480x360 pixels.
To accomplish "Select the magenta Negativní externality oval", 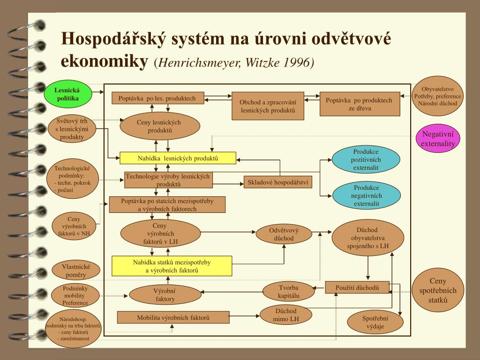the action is click(438, 139).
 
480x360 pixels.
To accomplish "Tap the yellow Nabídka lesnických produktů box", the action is click(178, 158).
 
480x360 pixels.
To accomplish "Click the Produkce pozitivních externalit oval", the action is click(366, 159).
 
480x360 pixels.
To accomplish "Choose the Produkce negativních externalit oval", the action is click(366, 195).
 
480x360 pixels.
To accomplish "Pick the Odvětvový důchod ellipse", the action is click(284, 234).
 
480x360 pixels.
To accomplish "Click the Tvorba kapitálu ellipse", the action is click(288, 292).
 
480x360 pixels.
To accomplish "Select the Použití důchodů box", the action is click(357, 287).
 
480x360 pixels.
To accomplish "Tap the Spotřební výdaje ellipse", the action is click(375, 322).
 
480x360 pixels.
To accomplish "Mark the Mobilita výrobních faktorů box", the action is click(173, 317).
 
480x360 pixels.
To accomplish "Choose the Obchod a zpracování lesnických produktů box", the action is click(268, 106).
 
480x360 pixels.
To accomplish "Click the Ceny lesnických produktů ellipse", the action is click(160, 126).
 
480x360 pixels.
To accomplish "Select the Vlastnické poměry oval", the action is click(75, 270).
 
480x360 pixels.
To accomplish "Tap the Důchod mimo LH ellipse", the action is click(285, 315).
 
